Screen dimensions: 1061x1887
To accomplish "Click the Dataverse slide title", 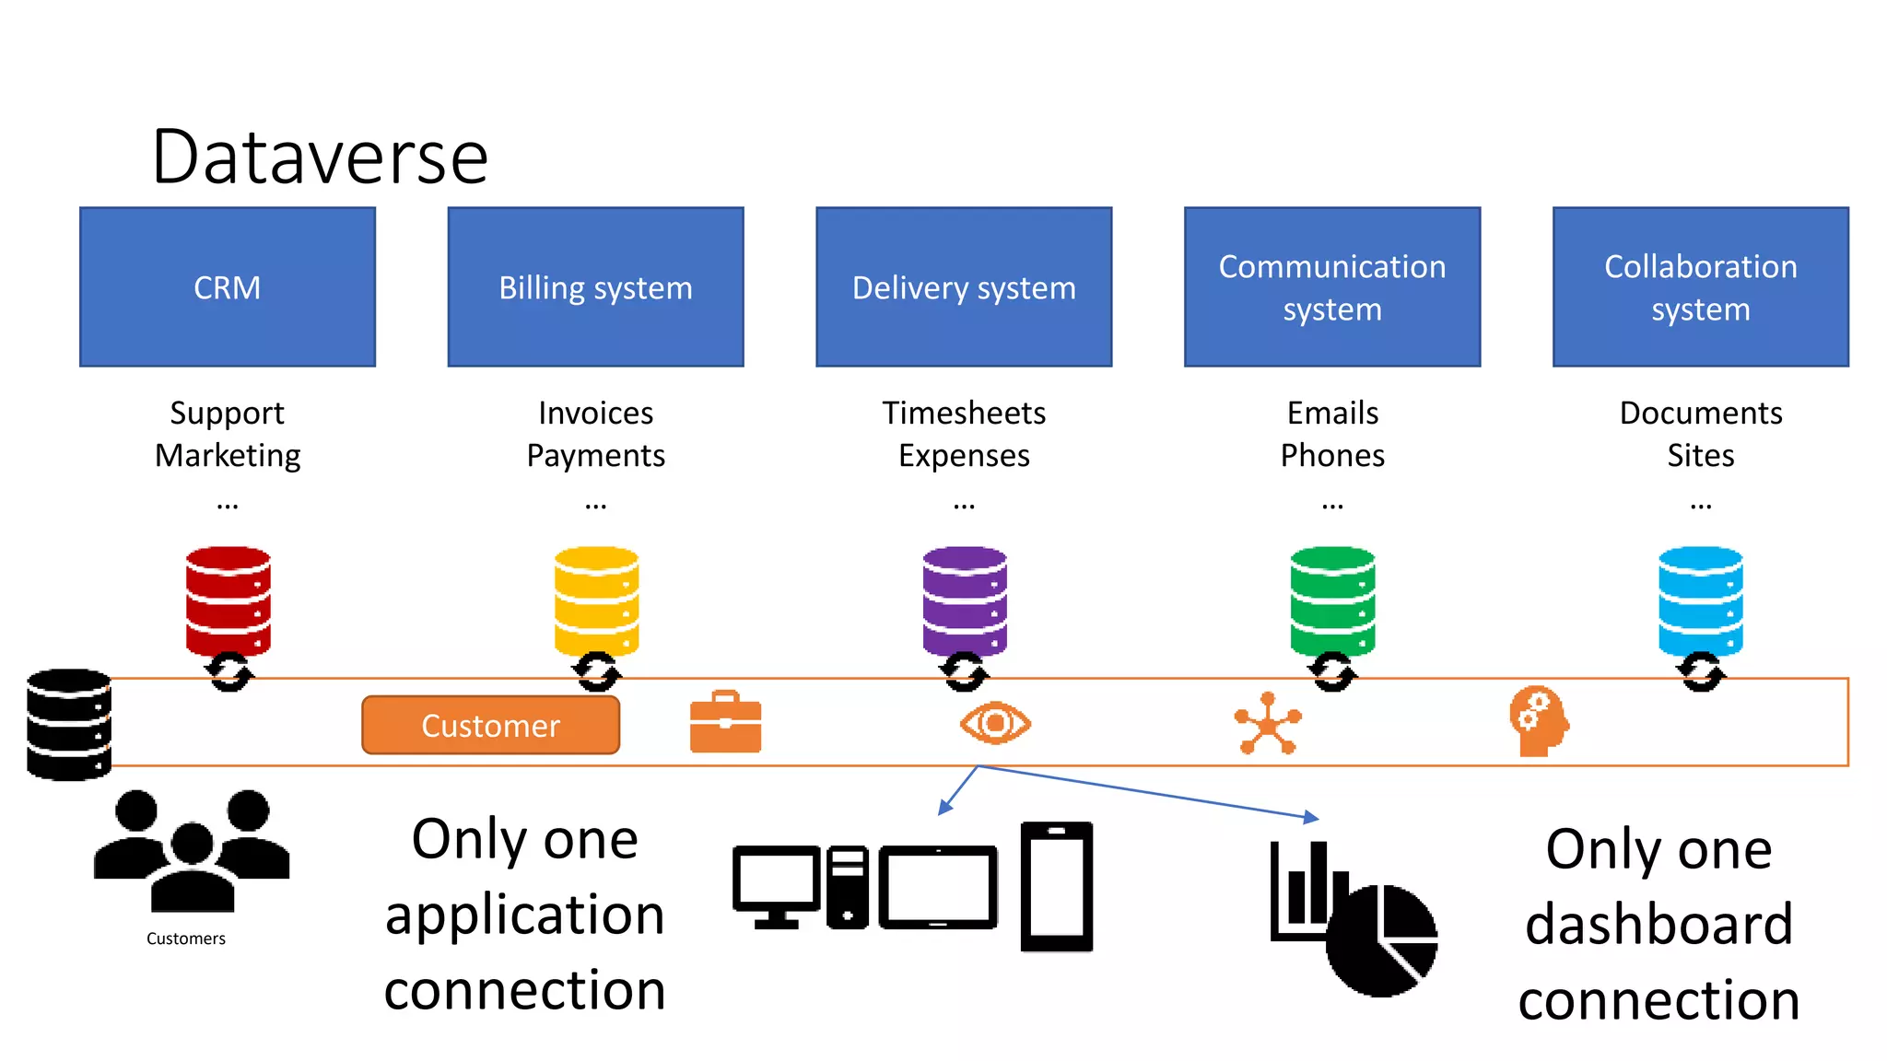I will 319,157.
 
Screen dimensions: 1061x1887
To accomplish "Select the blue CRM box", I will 227,287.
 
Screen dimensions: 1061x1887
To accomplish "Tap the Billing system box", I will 595,287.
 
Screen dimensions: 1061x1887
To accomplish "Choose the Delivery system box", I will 964,287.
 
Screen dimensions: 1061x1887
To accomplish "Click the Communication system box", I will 1332,287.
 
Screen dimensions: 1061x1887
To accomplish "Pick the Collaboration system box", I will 1700,287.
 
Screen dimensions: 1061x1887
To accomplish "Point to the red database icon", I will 228,600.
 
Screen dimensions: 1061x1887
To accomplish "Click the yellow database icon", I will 596,600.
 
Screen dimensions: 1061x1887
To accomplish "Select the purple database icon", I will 965,600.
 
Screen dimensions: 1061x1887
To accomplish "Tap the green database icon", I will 1332,600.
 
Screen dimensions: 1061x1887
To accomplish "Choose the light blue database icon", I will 1700,600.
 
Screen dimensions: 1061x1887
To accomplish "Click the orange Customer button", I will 490,726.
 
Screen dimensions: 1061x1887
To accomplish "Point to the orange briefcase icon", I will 725,723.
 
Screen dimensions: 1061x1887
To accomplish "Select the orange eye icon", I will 995,723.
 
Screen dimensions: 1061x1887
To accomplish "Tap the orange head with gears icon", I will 1538,721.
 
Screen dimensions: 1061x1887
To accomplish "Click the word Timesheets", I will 964,413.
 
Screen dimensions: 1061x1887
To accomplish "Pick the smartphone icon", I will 1056,887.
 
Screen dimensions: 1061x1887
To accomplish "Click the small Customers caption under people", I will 185,939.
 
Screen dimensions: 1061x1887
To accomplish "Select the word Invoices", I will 595,413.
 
